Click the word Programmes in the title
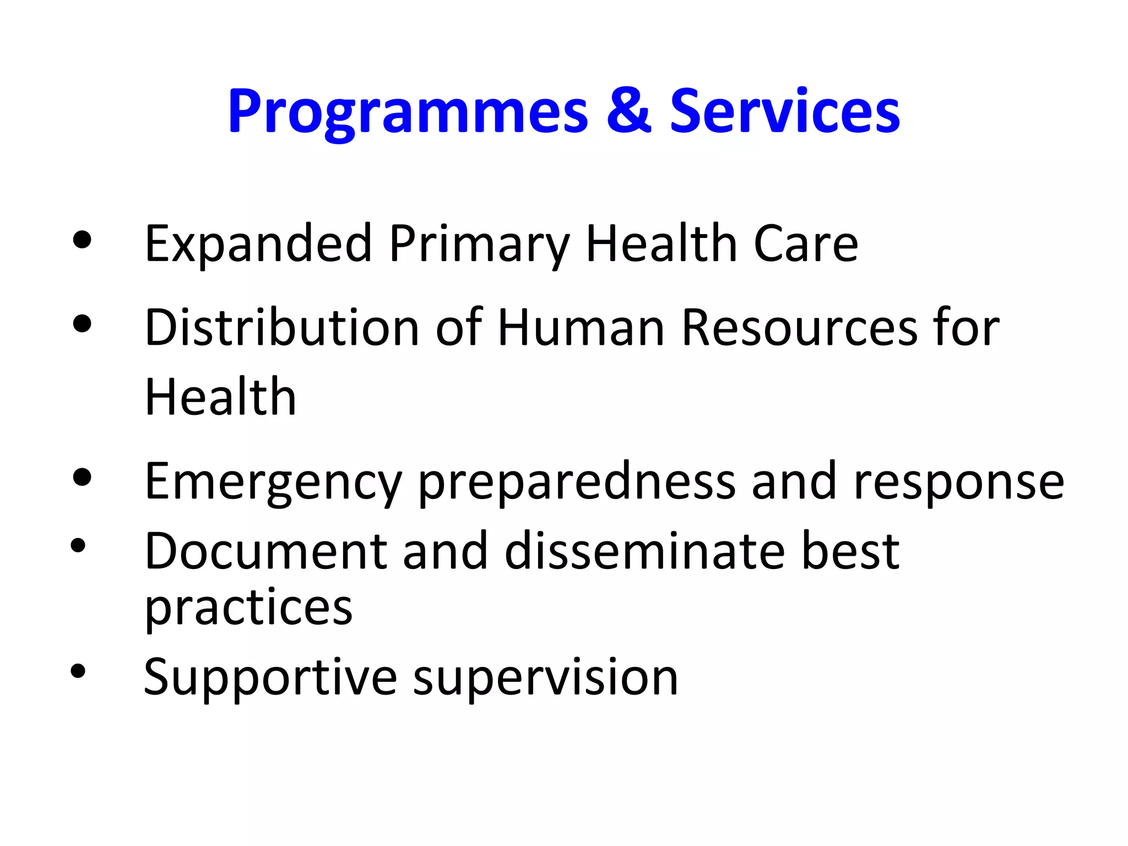408,112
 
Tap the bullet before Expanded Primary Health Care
82,240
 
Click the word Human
581,328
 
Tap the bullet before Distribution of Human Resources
82,324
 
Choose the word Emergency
273,482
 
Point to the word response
958,482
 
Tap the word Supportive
270,677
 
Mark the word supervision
545,677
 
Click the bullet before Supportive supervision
78,670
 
